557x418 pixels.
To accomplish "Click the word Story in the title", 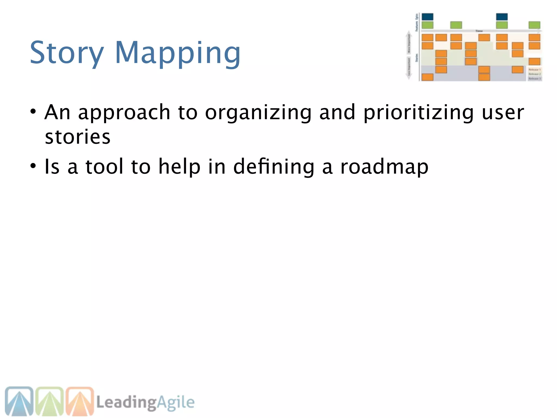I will pos(67,53).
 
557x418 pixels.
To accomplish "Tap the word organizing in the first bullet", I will pos(258,113).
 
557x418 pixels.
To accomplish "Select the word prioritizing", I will pos(419,113).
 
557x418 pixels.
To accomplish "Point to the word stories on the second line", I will pos(78,137).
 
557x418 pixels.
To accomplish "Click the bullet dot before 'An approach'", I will pos(33,111).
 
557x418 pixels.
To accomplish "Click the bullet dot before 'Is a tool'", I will pos(33,166).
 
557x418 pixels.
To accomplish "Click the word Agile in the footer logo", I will pos(176,402).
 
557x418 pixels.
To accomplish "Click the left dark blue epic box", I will pos(427,17).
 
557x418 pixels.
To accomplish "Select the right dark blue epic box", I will pos(502,17).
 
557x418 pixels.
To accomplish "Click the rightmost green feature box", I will pos(534,25).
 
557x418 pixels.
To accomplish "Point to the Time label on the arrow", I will pos(479,31).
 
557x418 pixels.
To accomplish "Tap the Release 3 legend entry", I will pos(534,78).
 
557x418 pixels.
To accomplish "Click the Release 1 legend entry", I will pos(534,70).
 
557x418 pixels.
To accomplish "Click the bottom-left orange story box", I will pos(427,77).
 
